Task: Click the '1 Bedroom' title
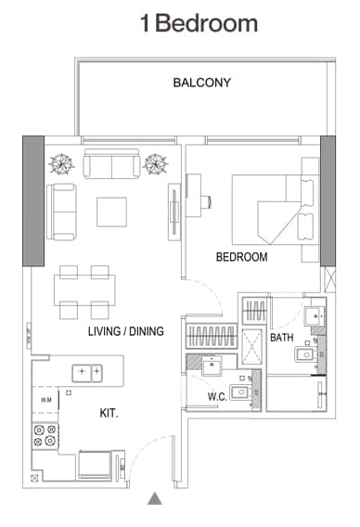click(199, 23)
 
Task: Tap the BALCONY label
click(202, 83)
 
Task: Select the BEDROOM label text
click(241, 257)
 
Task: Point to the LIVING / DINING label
click(126, 331)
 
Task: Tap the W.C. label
click(217, 397)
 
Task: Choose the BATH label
click(282, 338)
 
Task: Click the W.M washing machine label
click(46, 400)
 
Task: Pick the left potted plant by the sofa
click(62, 164)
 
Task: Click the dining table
click(84, 291)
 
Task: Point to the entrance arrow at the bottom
click(155, 499)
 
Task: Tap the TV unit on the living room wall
click(173, 212)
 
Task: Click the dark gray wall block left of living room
click(32, 200)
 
